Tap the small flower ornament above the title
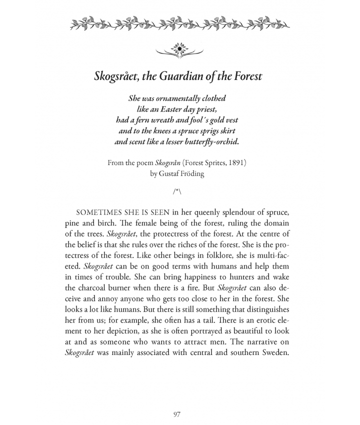click(x=179, y=49)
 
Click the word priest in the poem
click(x=211, y=109)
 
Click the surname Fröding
click(x=196, y=173)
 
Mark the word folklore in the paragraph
click(x=197, y=253)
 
